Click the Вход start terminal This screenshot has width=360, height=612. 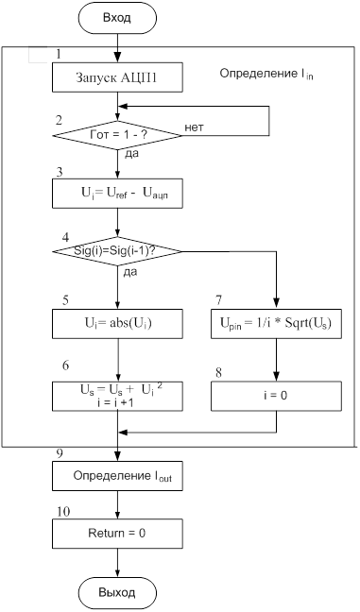(117, 18)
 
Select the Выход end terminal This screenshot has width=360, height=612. (117, 592)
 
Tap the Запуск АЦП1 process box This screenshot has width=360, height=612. (117, 77)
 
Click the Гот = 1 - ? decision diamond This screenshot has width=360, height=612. (117, 135)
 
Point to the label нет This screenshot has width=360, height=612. (194, 127)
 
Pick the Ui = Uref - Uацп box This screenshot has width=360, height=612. (117, 194)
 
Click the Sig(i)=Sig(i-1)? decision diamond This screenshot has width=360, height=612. (117, 251)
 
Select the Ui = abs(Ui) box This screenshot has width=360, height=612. (117, 323)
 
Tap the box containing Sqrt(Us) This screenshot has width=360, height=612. (277, 323)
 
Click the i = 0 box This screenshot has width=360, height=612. (277, 396)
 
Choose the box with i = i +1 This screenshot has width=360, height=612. (117, 396)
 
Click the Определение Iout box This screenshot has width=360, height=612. (117, 476)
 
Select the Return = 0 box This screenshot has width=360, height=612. (117, 534)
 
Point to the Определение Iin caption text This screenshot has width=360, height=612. (266, 74)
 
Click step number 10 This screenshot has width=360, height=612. (63, 511)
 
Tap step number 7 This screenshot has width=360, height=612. (218, 300)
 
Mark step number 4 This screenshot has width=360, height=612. (65, 237)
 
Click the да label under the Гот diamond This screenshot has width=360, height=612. (131, 154)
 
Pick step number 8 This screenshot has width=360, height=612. (218, 372)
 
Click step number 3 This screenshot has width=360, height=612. (60, 172)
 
